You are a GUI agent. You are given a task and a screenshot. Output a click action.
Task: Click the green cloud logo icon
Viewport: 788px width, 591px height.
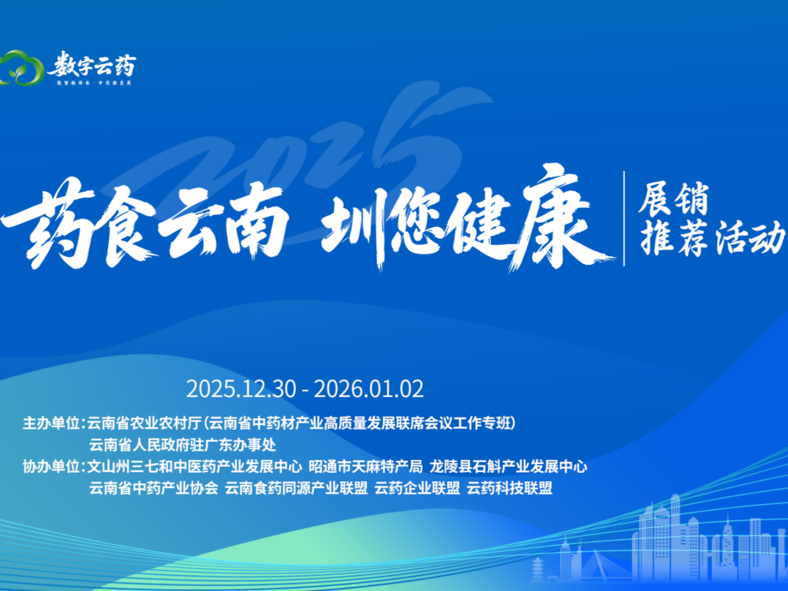(22, 68)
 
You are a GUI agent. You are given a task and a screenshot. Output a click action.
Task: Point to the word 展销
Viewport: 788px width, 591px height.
(674, 199)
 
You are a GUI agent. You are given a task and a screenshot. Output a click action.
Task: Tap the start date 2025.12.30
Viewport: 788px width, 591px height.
(241, 389)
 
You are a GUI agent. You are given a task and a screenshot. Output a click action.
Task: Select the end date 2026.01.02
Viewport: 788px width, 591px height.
(369, 389)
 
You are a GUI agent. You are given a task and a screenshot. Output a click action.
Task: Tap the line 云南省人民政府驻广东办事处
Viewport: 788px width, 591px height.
(182, 445)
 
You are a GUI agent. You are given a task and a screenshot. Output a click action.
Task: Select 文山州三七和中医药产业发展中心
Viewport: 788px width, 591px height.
(195, 467)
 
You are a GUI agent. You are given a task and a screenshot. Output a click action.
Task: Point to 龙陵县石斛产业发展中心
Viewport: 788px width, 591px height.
(508, 467)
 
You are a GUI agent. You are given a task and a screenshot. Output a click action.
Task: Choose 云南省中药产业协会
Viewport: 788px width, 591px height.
(153, 488)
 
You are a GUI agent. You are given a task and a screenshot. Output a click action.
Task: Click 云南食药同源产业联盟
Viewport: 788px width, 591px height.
(296, 488)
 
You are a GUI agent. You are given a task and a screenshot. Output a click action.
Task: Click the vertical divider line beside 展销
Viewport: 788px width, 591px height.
(624, 218)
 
